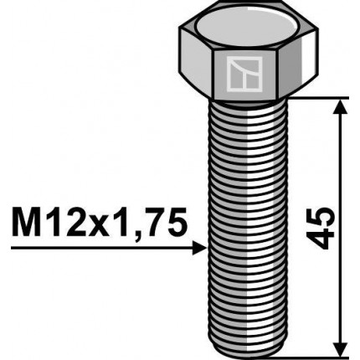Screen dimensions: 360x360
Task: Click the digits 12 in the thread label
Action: pos(65,224)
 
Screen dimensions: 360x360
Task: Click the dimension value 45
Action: pos(324,227)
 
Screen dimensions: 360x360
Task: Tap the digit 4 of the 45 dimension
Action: pos(324,240)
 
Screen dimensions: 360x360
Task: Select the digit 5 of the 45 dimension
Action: pos(324,214)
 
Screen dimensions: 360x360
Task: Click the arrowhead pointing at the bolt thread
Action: pos(199,248)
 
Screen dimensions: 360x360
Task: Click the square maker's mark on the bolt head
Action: pos(244,75)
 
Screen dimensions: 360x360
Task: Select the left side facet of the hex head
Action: pos(197,67)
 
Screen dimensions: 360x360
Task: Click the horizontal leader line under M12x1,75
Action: pos(100,248)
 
